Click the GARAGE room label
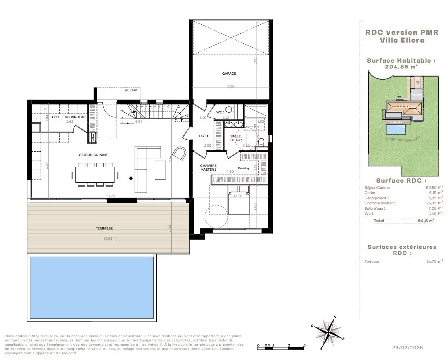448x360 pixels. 229,73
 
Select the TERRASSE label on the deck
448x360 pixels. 104,228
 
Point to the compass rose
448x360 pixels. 328,332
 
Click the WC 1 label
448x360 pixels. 221,112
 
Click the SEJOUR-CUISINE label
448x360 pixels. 93,155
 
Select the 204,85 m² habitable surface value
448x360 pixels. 401,66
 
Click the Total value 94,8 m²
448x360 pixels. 425,220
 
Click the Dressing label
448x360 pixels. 243,168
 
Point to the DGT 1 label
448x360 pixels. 204,136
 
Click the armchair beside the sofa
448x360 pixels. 179,153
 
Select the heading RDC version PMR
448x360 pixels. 402,33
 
